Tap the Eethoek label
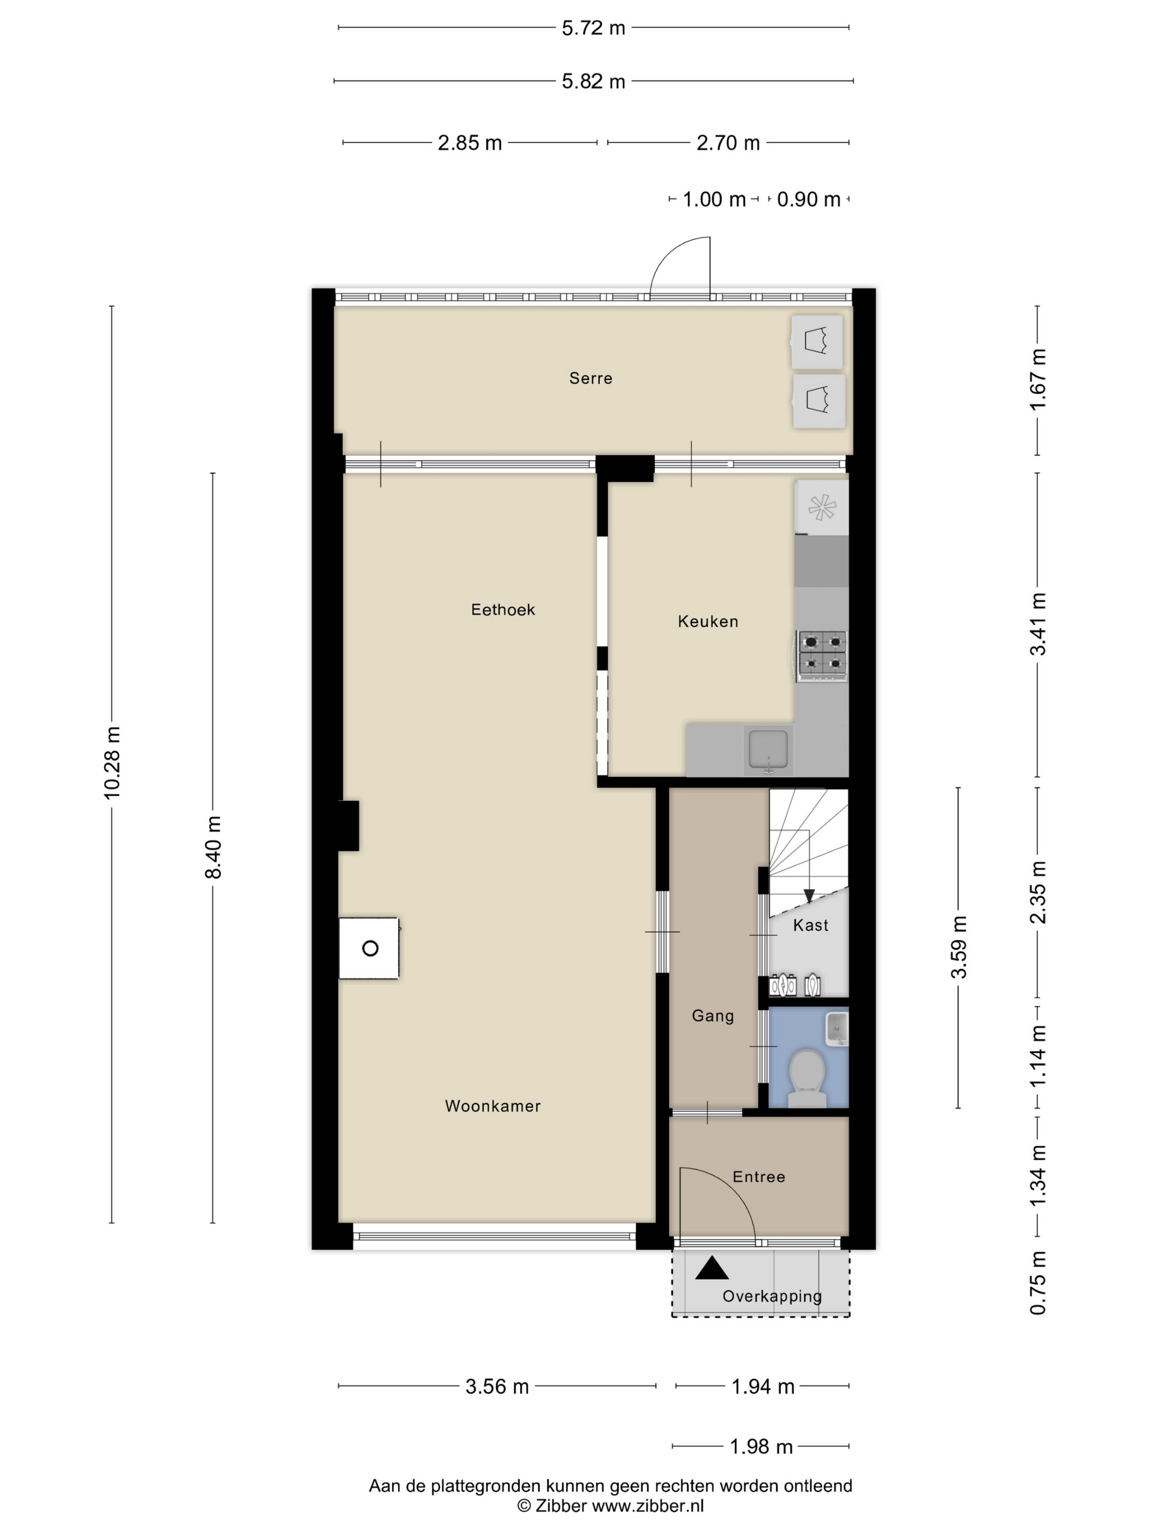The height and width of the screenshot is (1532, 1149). click(x=503, y=610)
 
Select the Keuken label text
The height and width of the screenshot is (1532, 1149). click(x=708, y=621)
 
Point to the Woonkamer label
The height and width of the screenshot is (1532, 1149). click(x=492, y=1106)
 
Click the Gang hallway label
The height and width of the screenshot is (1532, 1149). click(x=713, y=1016)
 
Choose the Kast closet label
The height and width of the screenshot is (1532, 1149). click(x=810, y=925)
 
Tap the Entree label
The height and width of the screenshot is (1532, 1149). click(x=759, y=1177)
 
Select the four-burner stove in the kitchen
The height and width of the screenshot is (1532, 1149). click(x=822, y=654)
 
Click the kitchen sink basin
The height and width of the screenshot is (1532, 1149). click(x=768, y=750)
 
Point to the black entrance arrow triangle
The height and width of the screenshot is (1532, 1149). click(x=712, y=1268)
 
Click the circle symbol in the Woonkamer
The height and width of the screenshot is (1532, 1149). click(x=370, y=949)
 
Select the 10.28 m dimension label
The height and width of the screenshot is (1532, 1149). click(x=112, y=763)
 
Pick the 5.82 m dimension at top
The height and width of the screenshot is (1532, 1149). click(x=594, y=81)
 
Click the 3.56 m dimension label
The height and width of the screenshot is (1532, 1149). click(x=497, y=1386)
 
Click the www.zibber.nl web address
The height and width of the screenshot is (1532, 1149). click(x=648, y=1506)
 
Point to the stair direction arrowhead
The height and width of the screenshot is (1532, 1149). click(x=809, y=896)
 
